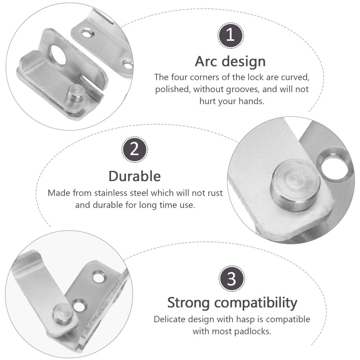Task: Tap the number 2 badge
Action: point(135,149)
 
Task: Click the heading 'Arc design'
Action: point(230,61)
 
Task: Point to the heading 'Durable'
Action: point(135,176)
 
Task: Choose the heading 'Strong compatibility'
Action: point(232,303)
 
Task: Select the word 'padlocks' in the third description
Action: point(254,331)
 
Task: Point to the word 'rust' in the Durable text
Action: point(214,193)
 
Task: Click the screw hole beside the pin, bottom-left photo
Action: point(78,305)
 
